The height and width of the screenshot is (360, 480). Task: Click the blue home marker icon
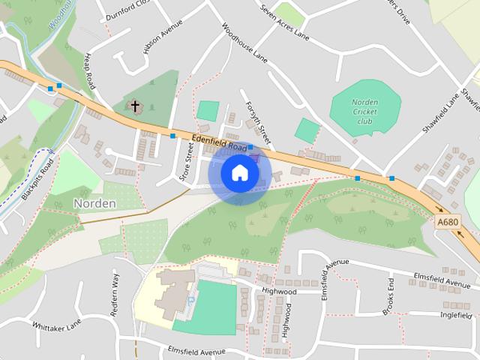pos(239,173)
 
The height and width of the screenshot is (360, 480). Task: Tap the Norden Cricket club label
pos(364,111)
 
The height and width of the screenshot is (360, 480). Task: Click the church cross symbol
pos(136,106)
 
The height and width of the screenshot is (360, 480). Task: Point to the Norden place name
pos(94,203)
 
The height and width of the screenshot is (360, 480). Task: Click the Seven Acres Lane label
pos(284,22)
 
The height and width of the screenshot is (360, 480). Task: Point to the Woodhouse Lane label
pos(244,42)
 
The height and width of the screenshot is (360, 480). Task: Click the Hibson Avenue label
pos(163,36)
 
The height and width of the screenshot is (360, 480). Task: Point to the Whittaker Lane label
pos(56,325)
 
